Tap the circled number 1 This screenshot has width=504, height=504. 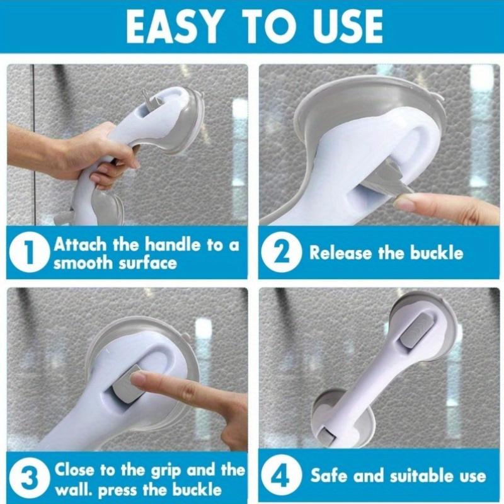pyautogui.click(x=30, y=253)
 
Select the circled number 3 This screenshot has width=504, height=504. pyautogui.click(x=30, y=479)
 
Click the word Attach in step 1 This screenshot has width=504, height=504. pyautogui.click(x=79, y=244)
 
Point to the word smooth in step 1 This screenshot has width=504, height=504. pyautogui.click(x=79, y=263)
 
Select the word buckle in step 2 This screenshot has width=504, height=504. pyautogui.click(x=437, y=253)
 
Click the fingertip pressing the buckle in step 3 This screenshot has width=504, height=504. pyautogui.click(x=138, y=379)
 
